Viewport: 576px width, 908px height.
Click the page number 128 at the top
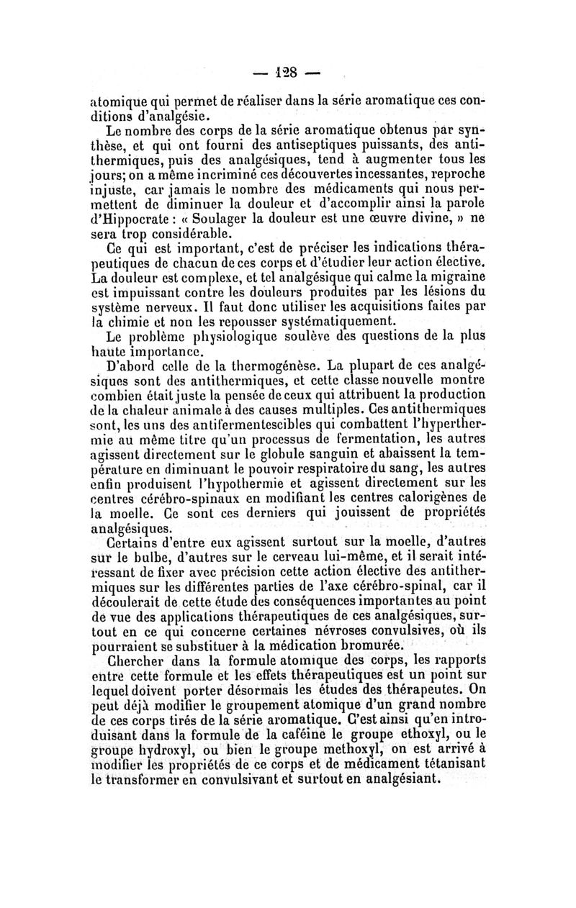click(x=288, y=72)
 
